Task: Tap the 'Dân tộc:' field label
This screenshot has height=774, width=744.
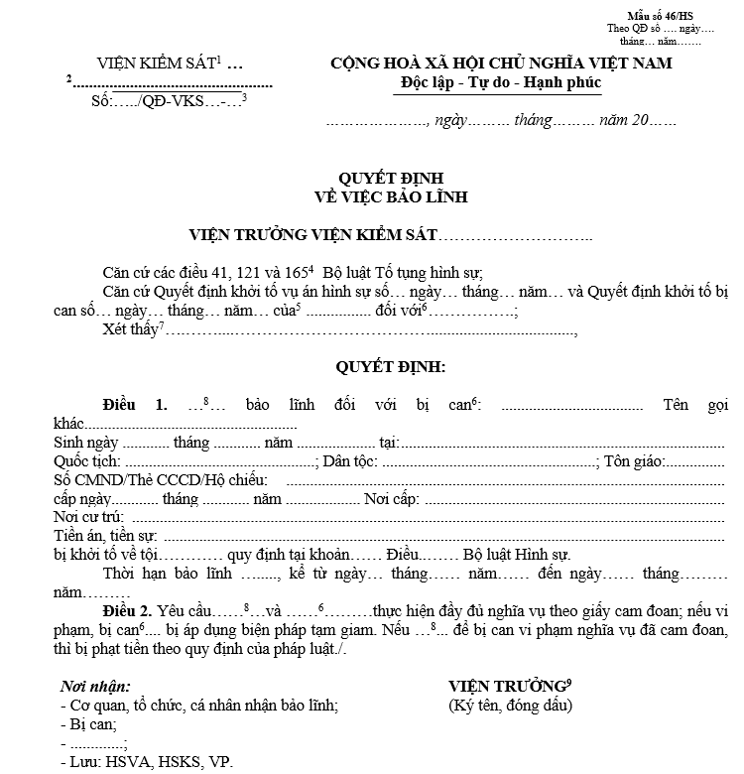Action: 348,461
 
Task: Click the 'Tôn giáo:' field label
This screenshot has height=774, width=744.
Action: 635,461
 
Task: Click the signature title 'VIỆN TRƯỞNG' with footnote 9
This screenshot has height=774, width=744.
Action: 507,687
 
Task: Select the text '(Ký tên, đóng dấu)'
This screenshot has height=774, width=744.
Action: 510,706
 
